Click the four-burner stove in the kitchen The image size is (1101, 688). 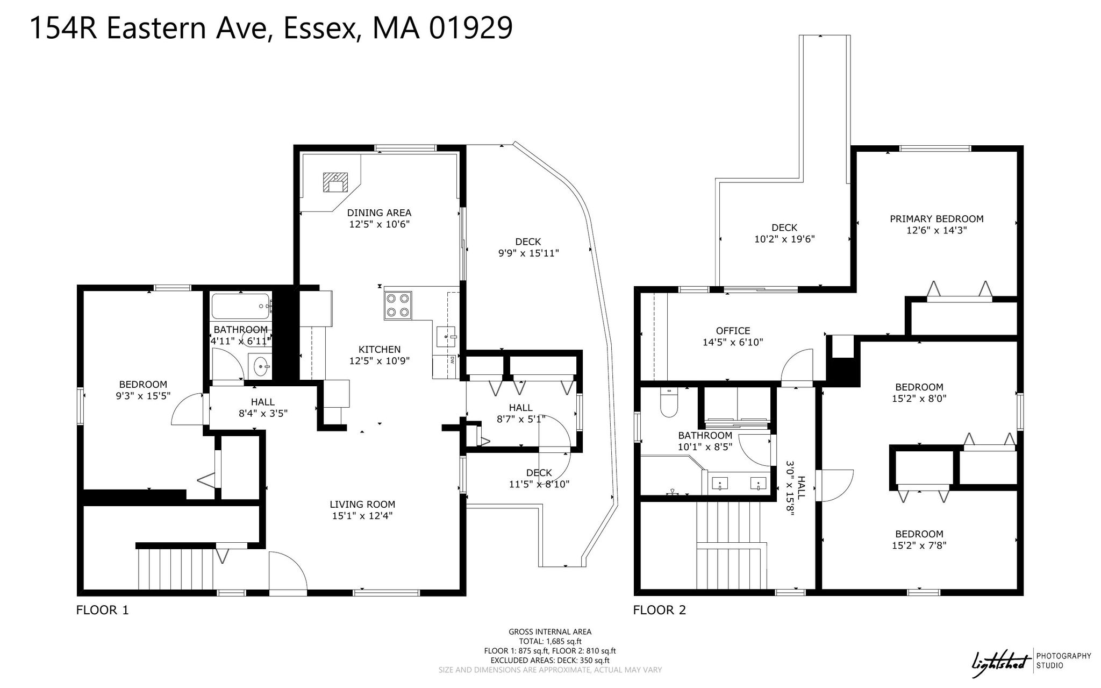pyautogui.click(x=398, y=306)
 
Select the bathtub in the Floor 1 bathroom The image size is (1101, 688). pyautogui.click(x=241, y=306)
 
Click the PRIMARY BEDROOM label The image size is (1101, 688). pyautogui.click(x=936, y=219)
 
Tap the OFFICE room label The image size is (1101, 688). pyautogui.click(x=733, y=331)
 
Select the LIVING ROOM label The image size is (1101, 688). pyautogui.click(x=362, y=505)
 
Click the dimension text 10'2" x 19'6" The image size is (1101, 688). pyautogui.click(x=784, y=239)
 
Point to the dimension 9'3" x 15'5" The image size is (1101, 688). pyautogui.click(x=144, y=396)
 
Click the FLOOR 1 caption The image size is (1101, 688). pyautogui.click(x=103, y=610)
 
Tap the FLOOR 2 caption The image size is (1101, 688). pyautogui.click(x=660, y=610)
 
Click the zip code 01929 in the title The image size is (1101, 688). pyautogui.click(x=471, y=28)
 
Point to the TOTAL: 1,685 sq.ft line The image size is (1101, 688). pyautogui.click(x=550, y=641)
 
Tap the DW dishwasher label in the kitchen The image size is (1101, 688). pyautogui.click(x=452, y=359)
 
